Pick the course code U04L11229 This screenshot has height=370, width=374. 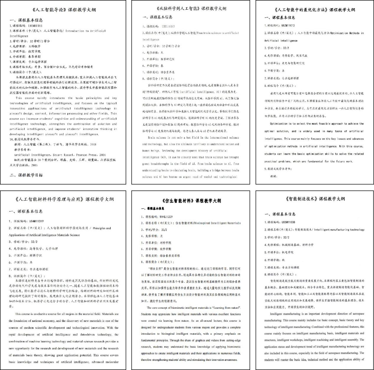[166, 217]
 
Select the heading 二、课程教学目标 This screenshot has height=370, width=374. [26, 175]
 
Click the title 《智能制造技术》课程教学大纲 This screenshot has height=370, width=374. [315, 199]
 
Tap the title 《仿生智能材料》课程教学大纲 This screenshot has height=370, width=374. [191, 201]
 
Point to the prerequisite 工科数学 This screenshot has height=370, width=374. [35, 46]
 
